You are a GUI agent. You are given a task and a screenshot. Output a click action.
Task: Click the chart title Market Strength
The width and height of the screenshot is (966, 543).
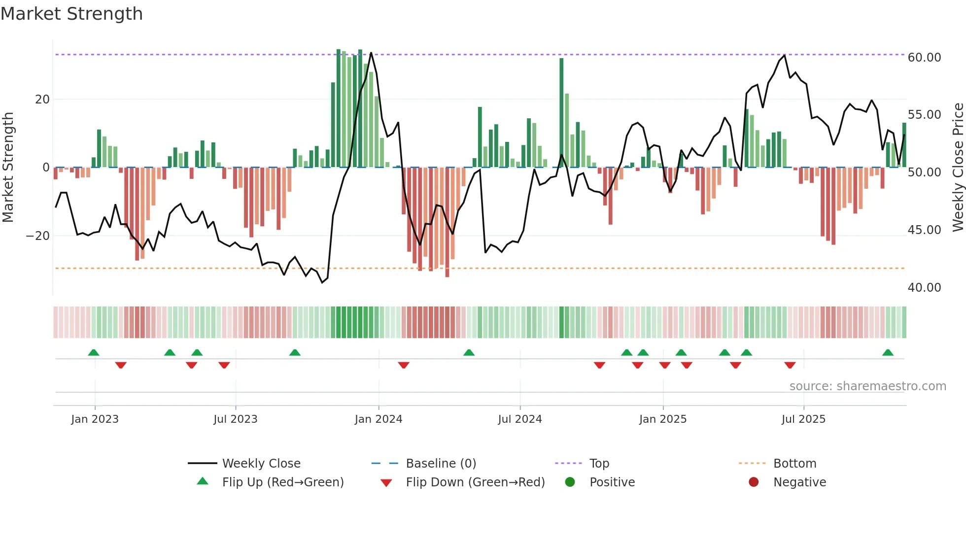(71, 14)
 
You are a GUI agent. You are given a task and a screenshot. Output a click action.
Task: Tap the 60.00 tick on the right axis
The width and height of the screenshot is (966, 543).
(924, 58)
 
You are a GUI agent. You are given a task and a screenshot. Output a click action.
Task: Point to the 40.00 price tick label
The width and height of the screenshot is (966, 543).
(924, 288)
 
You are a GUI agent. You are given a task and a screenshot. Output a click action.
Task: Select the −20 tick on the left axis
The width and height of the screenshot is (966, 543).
(37, 236)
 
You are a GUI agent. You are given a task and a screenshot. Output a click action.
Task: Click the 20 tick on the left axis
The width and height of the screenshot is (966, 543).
(42, 100)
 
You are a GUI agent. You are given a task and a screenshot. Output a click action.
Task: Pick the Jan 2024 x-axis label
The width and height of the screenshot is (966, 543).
(378, 419)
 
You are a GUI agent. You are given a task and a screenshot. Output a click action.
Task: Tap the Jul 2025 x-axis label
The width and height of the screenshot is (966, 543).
(803, 419)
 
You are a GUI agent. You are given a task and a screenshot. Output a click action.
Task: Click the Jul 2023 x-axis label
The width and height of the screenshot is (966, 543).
(235, 419)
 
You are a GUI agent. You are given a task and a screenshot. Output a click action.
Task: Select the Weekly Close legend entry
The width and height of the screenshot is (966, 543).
(261, 464)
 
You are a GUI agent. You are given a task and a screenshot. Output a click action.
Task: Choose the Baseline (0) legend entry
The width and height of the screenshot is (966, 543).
(441, 464)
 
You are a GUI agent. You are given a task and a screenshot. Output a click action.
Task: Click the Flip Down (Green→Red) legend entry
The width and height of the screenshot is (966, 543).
(475, 482)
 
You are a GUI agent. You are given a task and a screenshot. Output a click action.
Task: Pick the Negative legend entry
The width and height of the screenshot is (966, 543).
(799, 482)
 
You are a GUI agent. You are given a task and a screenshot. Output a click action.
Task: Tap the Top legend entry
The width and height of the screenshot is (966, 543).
(599, 464)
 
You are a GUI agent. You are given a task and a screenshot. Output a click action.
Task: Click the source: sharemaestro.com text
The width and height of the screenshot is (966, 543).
(867, 386)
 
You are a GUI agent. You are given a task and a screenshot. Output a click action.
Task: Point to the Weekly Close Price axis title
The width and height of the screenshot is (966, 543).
(958, 168)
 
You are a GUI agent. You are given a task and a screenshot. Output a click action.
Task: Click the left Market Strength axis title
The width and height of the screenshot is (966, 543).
(8, 168)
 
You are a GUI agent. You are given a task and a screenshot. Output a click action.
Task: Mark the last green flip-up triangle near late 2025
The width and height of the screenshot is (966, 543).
(888, 352)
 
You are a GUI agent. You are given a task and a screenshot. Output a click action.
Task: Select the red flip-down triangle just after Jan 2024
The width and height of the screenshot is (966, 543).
(404, 365)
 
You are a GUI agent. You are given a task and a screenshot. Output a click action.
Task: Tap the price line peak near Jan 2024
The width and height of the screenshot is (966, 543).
(371, 53)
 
